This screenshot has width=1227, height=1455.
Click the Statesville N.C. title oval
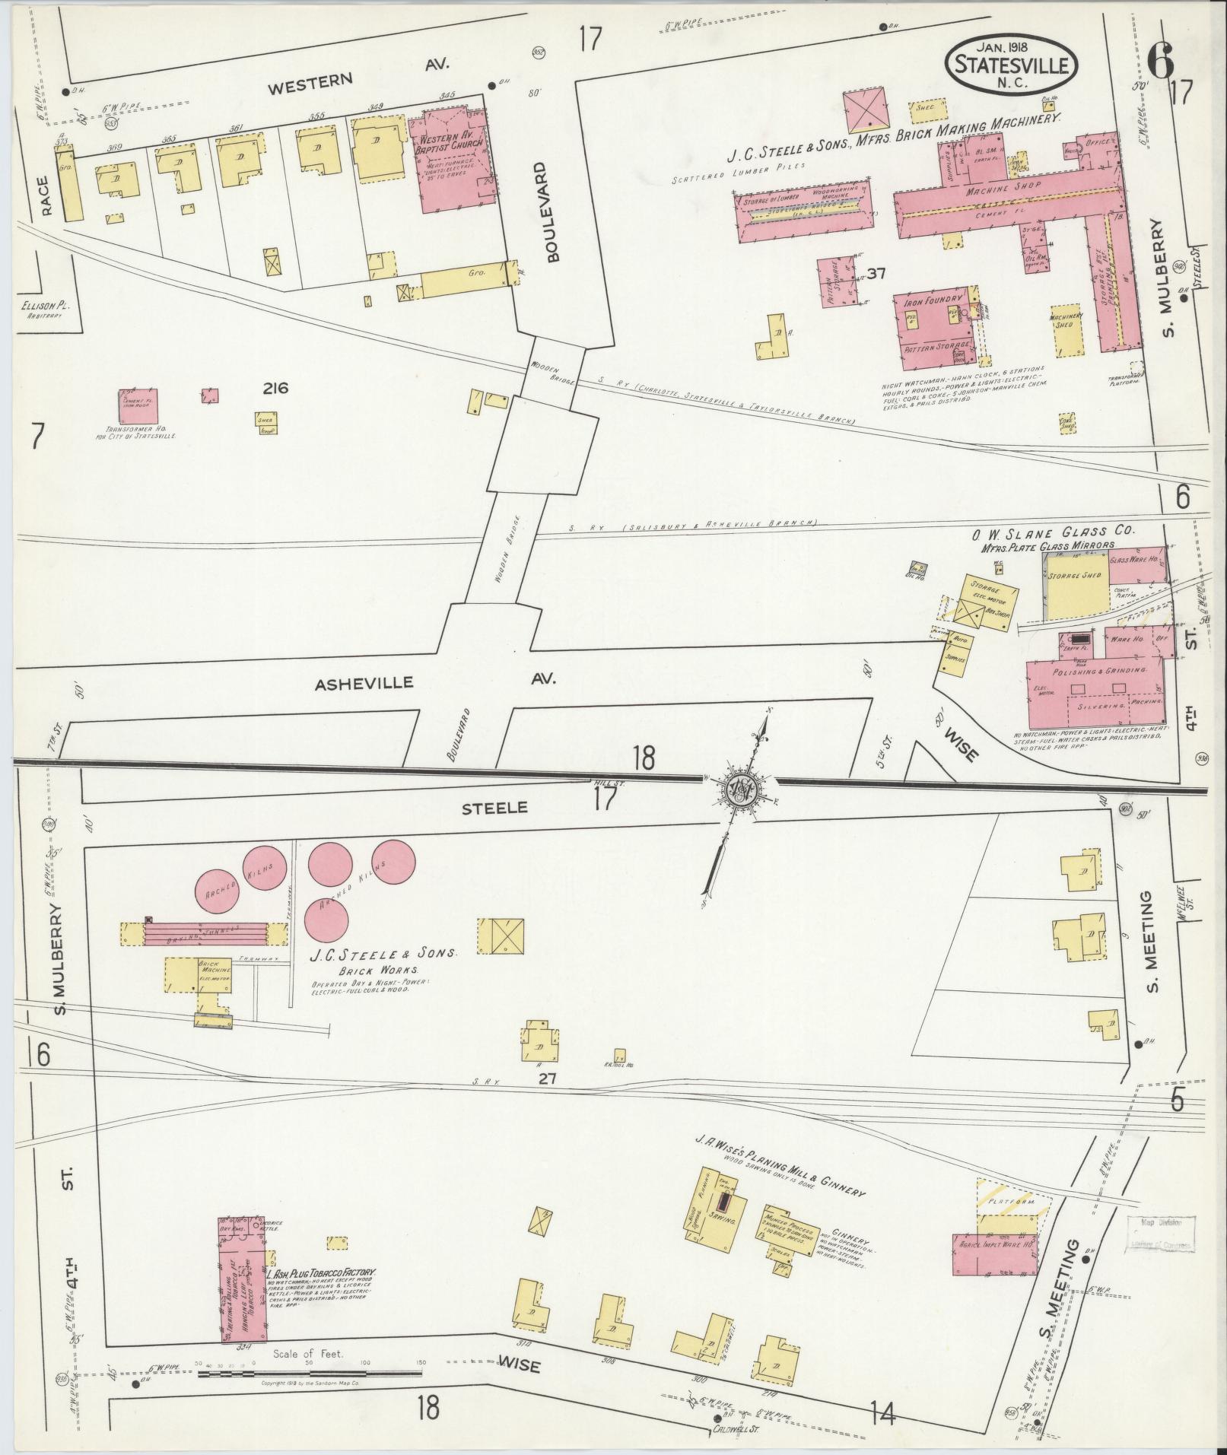1011,64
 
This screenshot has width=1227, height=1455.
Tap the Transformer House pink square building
138,407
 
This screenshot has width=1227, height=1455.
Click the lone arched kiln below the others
326,920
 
